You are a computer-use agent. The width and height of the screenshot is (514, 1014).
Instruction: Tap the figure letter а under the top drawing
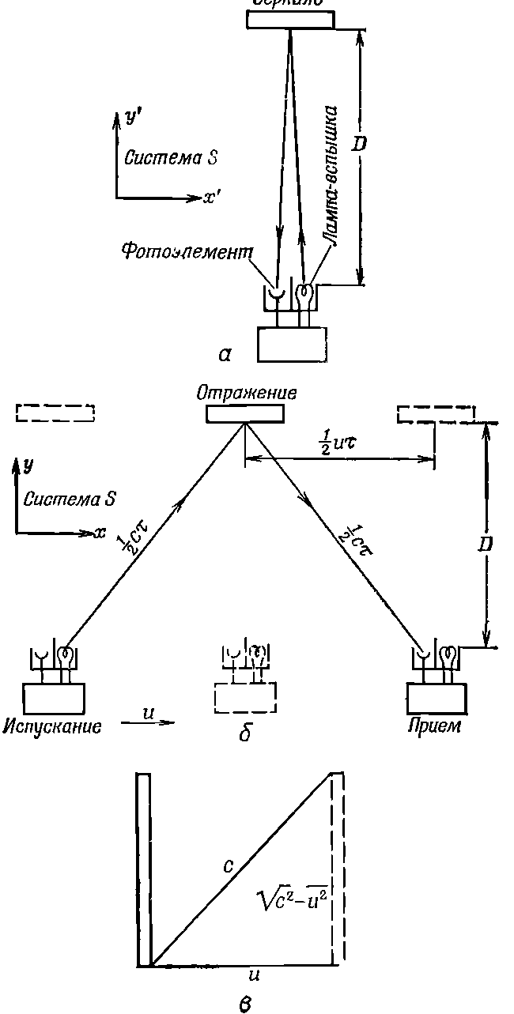click(225, 355)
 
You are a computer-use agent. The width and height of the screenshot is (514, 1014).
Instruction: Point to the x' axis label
click(211, 199)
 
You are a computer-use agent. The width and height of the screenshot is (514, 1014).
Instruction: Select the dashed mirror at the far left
click(55, 413)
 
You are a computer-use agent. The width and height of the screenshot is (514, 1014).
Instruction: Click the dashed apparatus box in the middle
click(244, 697)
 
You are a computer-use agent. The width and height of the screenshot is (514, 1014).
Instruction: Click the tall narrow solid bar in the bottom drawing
click(143, 869)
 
